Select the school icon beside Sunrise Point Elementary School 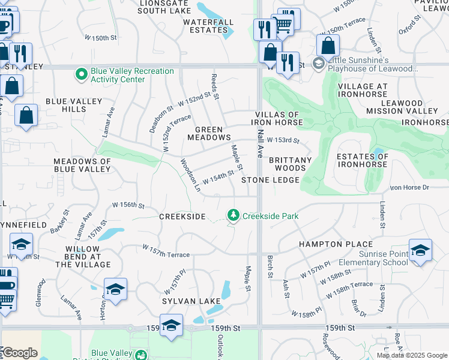(420, 250)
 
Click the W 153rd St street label (283, 140)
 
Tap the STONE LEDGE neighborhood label (270, 180)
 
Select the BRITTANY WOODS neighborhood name (290, 164)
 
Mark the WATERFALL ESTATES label (208, 26)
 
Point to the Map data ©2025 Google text (411, 355)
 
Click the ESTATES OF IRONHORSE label (362, 161)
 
